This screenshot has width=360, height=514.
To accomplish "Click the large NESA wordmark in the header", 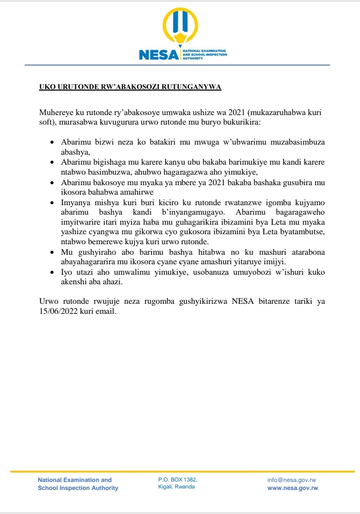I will [x=158, y=55].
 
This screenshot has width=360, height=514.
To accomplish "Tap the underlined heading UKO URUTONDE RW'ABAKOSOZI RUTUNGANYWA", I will [x=130, y=88].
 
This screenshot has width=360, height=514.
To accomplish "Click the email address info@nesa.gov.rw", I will [x=291, y=480].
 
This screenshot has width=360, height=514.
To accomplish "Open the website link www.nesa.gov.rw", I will [x=293, y=488].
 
